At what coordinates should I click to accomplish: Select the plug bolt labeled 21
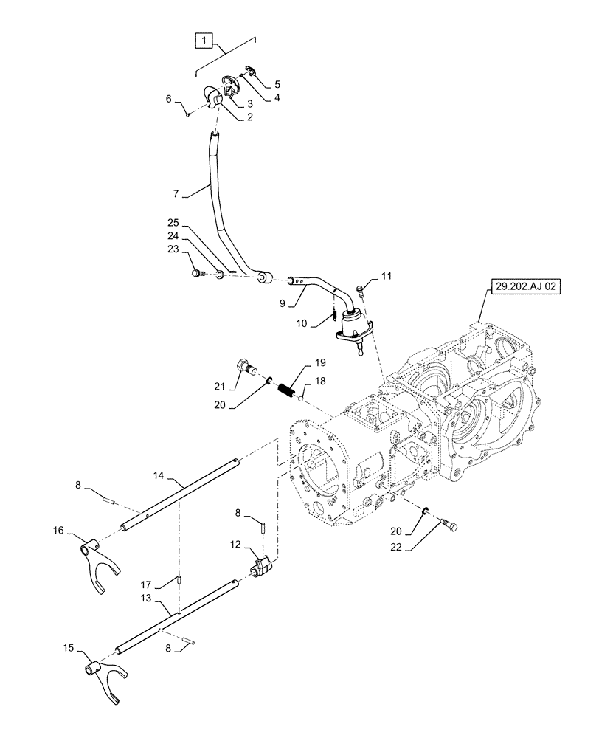pyautogui.click(x=246, y=366)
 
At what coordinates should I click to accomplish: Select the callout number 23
pyautogui.click(x=173, y=249)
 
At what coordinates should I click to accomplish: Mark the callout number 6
pyautogui.click(x=169, y=98)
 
